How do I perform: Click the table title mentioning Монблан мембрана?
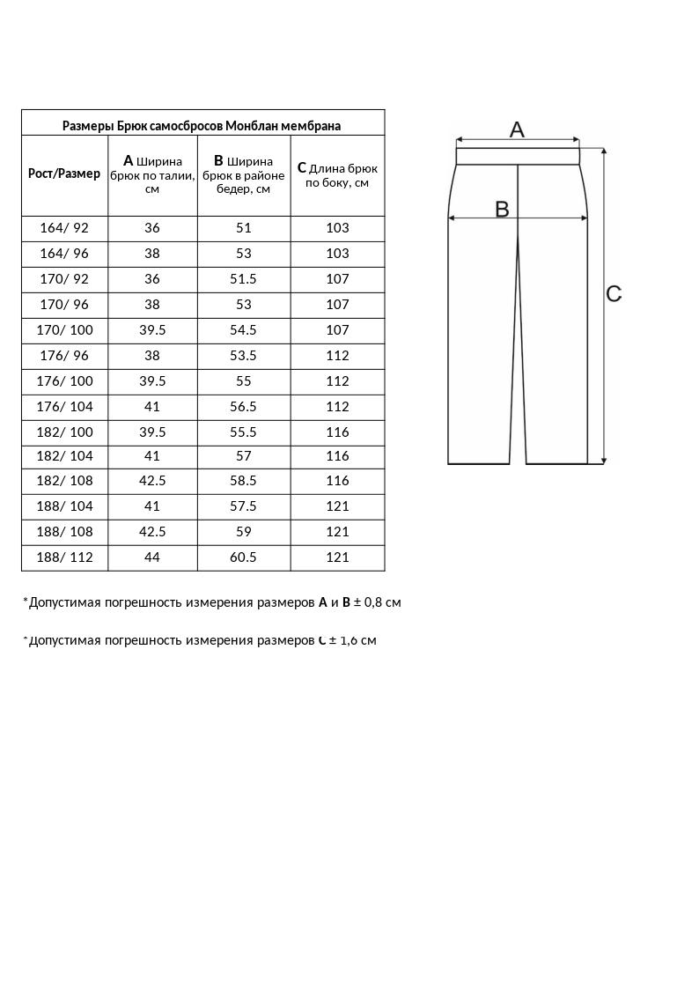[202, 126]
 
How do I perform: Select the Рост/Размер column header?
[64, 173]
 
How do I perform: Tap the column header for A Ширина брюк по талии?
[152, 173]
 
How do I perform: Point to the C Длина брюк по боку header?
[337, 174]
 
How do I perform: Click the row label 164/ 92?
[64, 228]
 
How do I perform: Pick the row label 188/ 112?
[64, 557]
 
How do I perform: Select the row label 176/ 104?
[64, 407]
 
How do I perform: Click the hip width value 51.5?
[244, 279]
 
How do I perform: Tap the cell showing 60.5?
[244, 557]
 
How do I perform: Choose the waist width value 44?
[152, 557]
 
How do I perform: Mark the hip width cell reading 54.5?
[244, 330]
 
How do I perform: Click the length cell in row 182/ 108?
[337, 481]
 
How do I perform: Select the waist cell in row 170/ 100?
[152, 330]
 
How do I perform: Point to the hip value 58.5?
[244, 481]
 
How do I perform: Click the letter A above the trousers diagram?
[517, 129]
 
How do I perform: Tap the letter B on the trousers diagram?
[502, 209]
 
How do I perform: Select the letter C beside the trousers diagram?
[614, 294]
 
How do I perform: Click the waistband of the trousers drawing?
[518, 157]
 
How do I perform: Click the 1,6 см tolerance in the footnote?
[357, 640]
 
